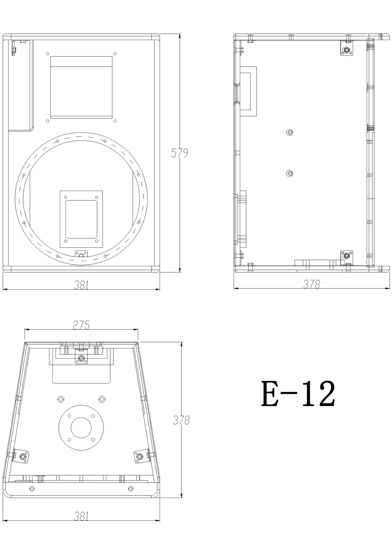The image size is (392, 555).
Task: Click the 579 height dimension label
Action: (180, 153)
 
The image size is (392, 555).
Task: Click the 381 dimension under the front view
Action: (81, 285)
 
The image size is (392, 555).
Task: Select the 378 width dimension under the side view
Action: (312, 284)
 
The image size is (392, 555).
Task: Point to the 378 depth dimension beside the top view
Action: (181, 420)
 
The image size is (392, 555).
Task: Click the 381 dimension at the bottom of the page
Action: (81, 516)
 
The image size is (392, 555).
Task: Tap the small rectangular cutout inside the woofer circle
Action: (81, 219)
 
